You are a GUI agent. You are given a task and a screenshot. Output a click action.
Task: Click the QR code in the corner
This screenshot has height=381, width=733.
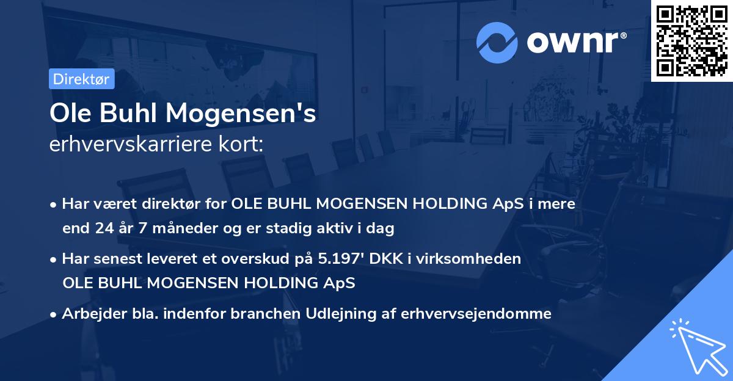(x=692, y=40)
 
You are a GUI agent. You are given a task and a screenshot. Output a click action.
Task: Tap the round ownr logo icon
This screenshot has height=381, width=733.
(x=497, y=42)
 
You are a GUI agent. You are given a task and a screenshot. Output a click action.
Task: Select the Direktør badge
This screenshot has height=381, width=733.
(x=81, y=79)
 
